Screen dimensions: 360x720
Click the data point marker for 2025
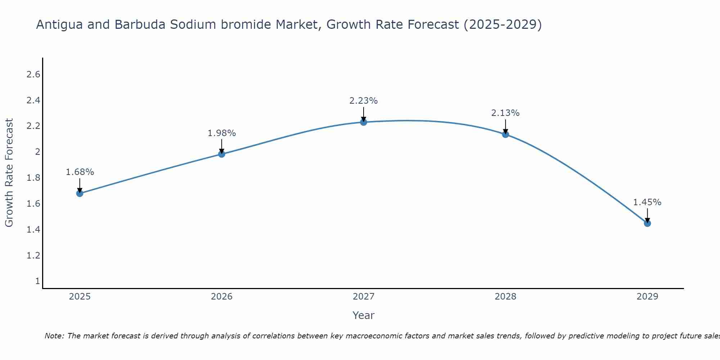click(80, 193)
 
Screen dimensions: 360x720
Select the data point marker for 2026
click(222, 154)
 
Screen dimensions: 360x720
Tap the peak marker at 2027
click(364, 122)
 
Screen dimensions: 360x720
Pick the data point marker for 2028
click(505, 134)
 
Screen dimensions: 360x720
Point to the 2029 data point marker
click(647, 223)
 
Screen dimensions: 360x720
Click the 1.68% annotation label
click(80, 172)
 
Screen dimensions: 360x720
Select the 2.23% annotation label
click(364, 101)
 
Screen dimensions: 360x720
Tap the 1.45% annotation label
click(647, 202)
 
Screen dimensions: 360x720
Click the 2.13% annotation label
click(505, 113)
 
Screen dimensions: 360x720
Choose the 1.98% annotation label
click(222, 133)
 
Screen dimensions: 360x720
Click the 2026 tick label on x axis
click(222, 297)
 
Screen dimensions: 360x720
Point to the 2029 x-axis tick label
click(647, 297)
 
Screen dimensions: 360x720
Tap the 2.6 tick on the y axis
click(33, 75)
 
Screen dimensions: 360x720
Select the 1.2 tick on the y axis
click(33, 256)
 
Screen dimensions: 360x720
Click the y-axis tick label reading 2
click(37, 152)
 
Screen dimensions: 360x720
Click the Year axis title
click(364, 315)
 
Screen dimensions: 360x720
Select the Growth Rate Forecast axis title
click(9, 173)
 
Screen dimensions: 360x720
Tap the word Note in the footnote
click(54, 336)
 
